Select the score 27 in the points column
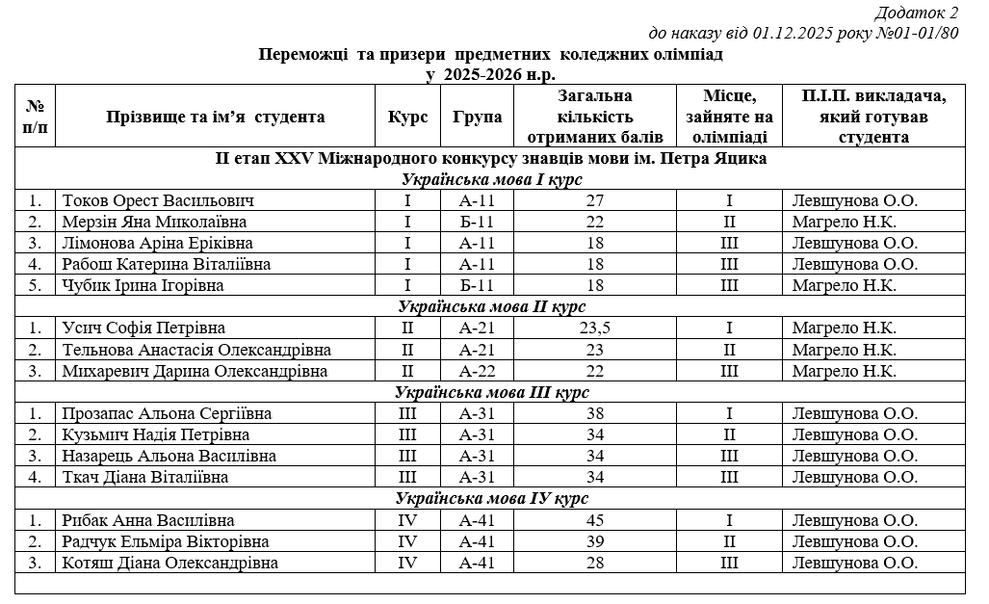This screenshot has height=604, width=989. coord(594,201)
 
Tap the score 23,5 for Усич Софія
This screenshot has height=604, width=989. coord(594,328)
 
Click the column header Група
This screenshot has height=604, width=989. coord(477,118)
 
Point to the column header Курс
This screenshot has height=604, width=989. coord(407,118)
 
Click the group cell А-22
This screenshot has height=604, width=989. coord(477,371)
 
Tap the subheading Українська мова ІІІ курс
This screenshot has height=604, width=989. coord(492,392)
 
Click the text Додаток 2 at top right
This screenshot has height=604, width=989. coord(917,13)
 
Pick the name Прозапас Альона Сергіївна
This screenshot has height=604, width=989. coord(166,413)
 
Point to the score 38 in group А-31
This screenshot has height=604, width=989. coord(594,413)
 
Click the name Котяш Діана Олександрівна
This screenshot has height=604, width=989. coord(169,564)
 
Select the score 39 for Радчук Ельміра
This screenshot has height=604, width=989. coord(594,542)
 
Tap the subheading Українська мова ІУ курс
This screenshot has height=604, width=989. coord(492,499)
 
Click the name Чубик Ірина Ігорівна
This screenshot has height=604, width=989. coord(143,286)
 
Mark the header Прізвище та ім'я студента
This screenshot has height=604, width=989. coord(215,118)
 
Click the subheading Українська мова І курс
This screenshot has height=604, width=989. coord(492,180)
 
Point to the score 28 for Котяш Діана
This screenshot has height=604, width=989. coord(594,564)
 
